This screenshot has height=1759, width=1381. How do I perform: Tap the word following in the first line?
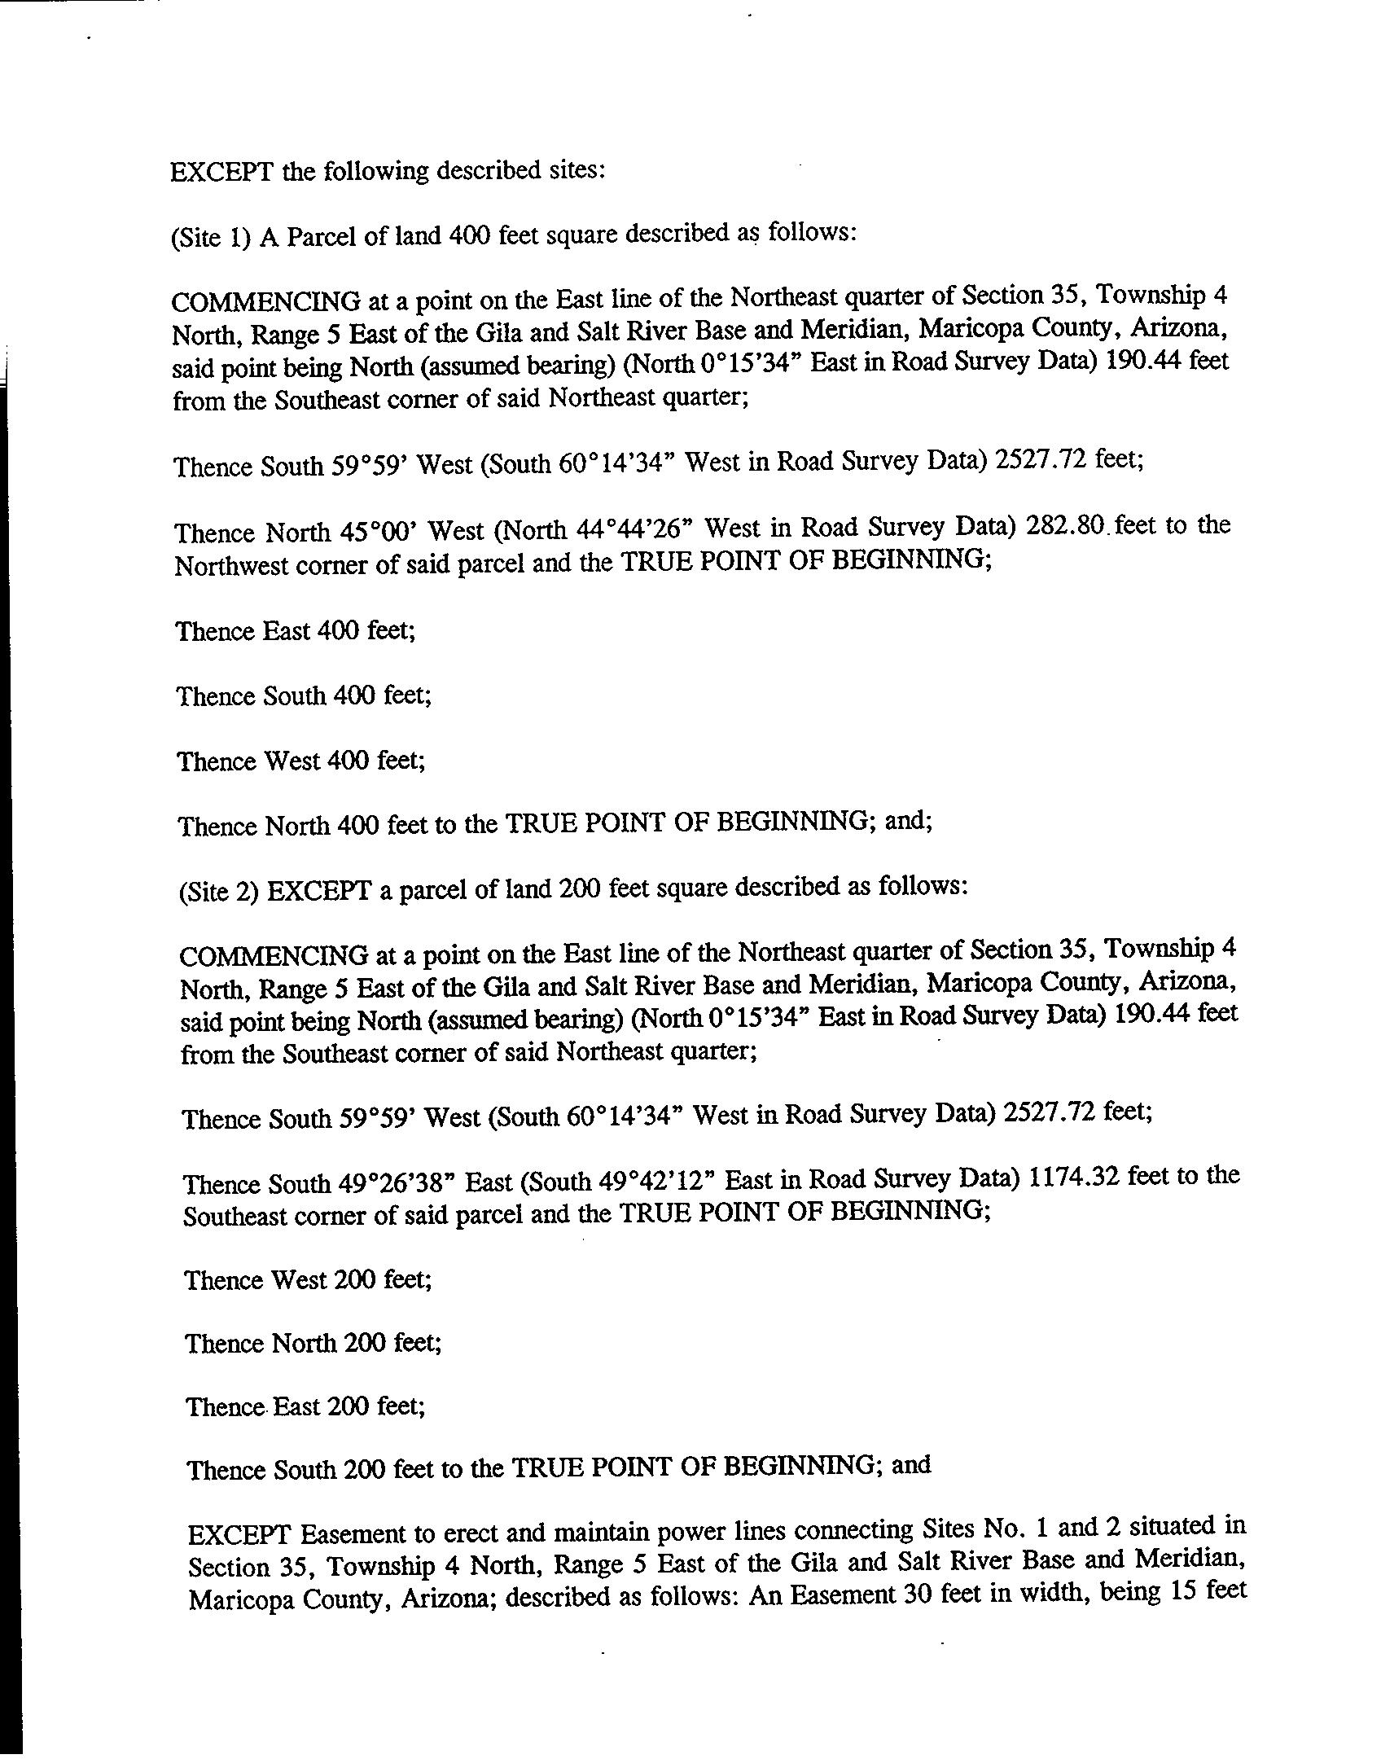tap(375, 172)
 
